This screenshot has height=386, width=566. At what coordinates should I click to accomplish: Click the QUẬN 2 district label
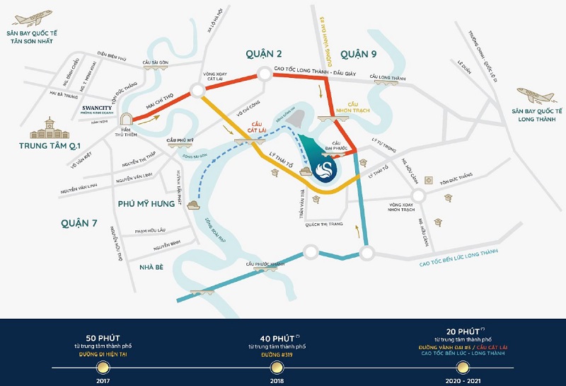[x=265, y=53]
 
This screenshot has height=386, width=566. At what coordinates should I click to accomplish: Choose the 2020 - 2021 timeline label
[x=462, y=380]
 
